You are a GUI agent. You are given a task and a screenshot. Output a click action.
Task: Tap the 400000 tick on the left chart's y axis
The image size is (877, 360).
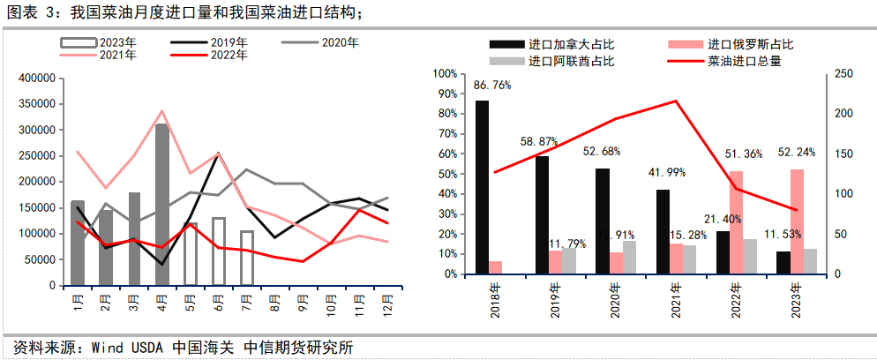(36, 79)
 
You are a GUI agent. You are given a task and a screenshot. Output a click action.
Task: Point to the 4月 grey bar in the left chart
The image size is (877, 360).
(162, 205)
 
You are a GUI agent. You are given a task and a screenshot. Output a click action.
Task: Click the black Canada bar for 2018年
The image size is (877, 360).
(483, 187)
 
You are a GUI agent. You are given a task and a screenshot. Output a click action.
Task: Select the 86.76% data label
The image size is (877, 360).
(491, 86)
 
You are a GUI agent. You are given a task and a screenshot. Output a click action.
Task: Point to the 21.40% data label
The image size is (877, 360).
(723, 218)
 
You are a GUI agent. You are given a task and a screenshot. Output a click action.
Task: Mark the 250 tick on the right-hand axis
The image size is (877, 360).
(843, 74)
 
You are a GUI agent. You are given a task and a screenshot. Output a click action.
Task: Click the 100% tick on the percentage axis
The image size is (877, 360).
(446, 74)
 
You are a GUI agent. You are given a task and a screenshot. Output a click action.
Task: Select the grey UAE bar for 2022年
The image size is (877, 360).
(751, 256)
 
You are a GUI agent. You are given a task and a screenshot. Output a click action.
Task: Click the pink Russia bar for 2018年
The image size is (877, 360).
(496, 267)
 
